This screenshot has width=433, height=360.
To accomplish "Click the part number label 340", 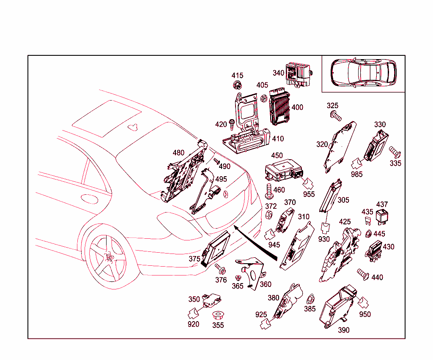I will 278,73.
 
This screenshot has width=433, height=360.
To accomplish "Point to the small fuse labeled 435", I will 367,221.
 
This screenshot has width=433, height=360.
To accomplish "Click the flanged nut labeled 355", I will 218,315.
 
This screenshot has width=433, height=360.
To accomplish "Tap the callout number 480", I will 178,153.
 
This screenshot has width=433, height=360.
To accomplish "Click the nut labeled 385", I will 310,299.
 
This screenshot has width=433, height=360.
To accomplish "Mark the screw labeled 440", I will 363,273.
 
